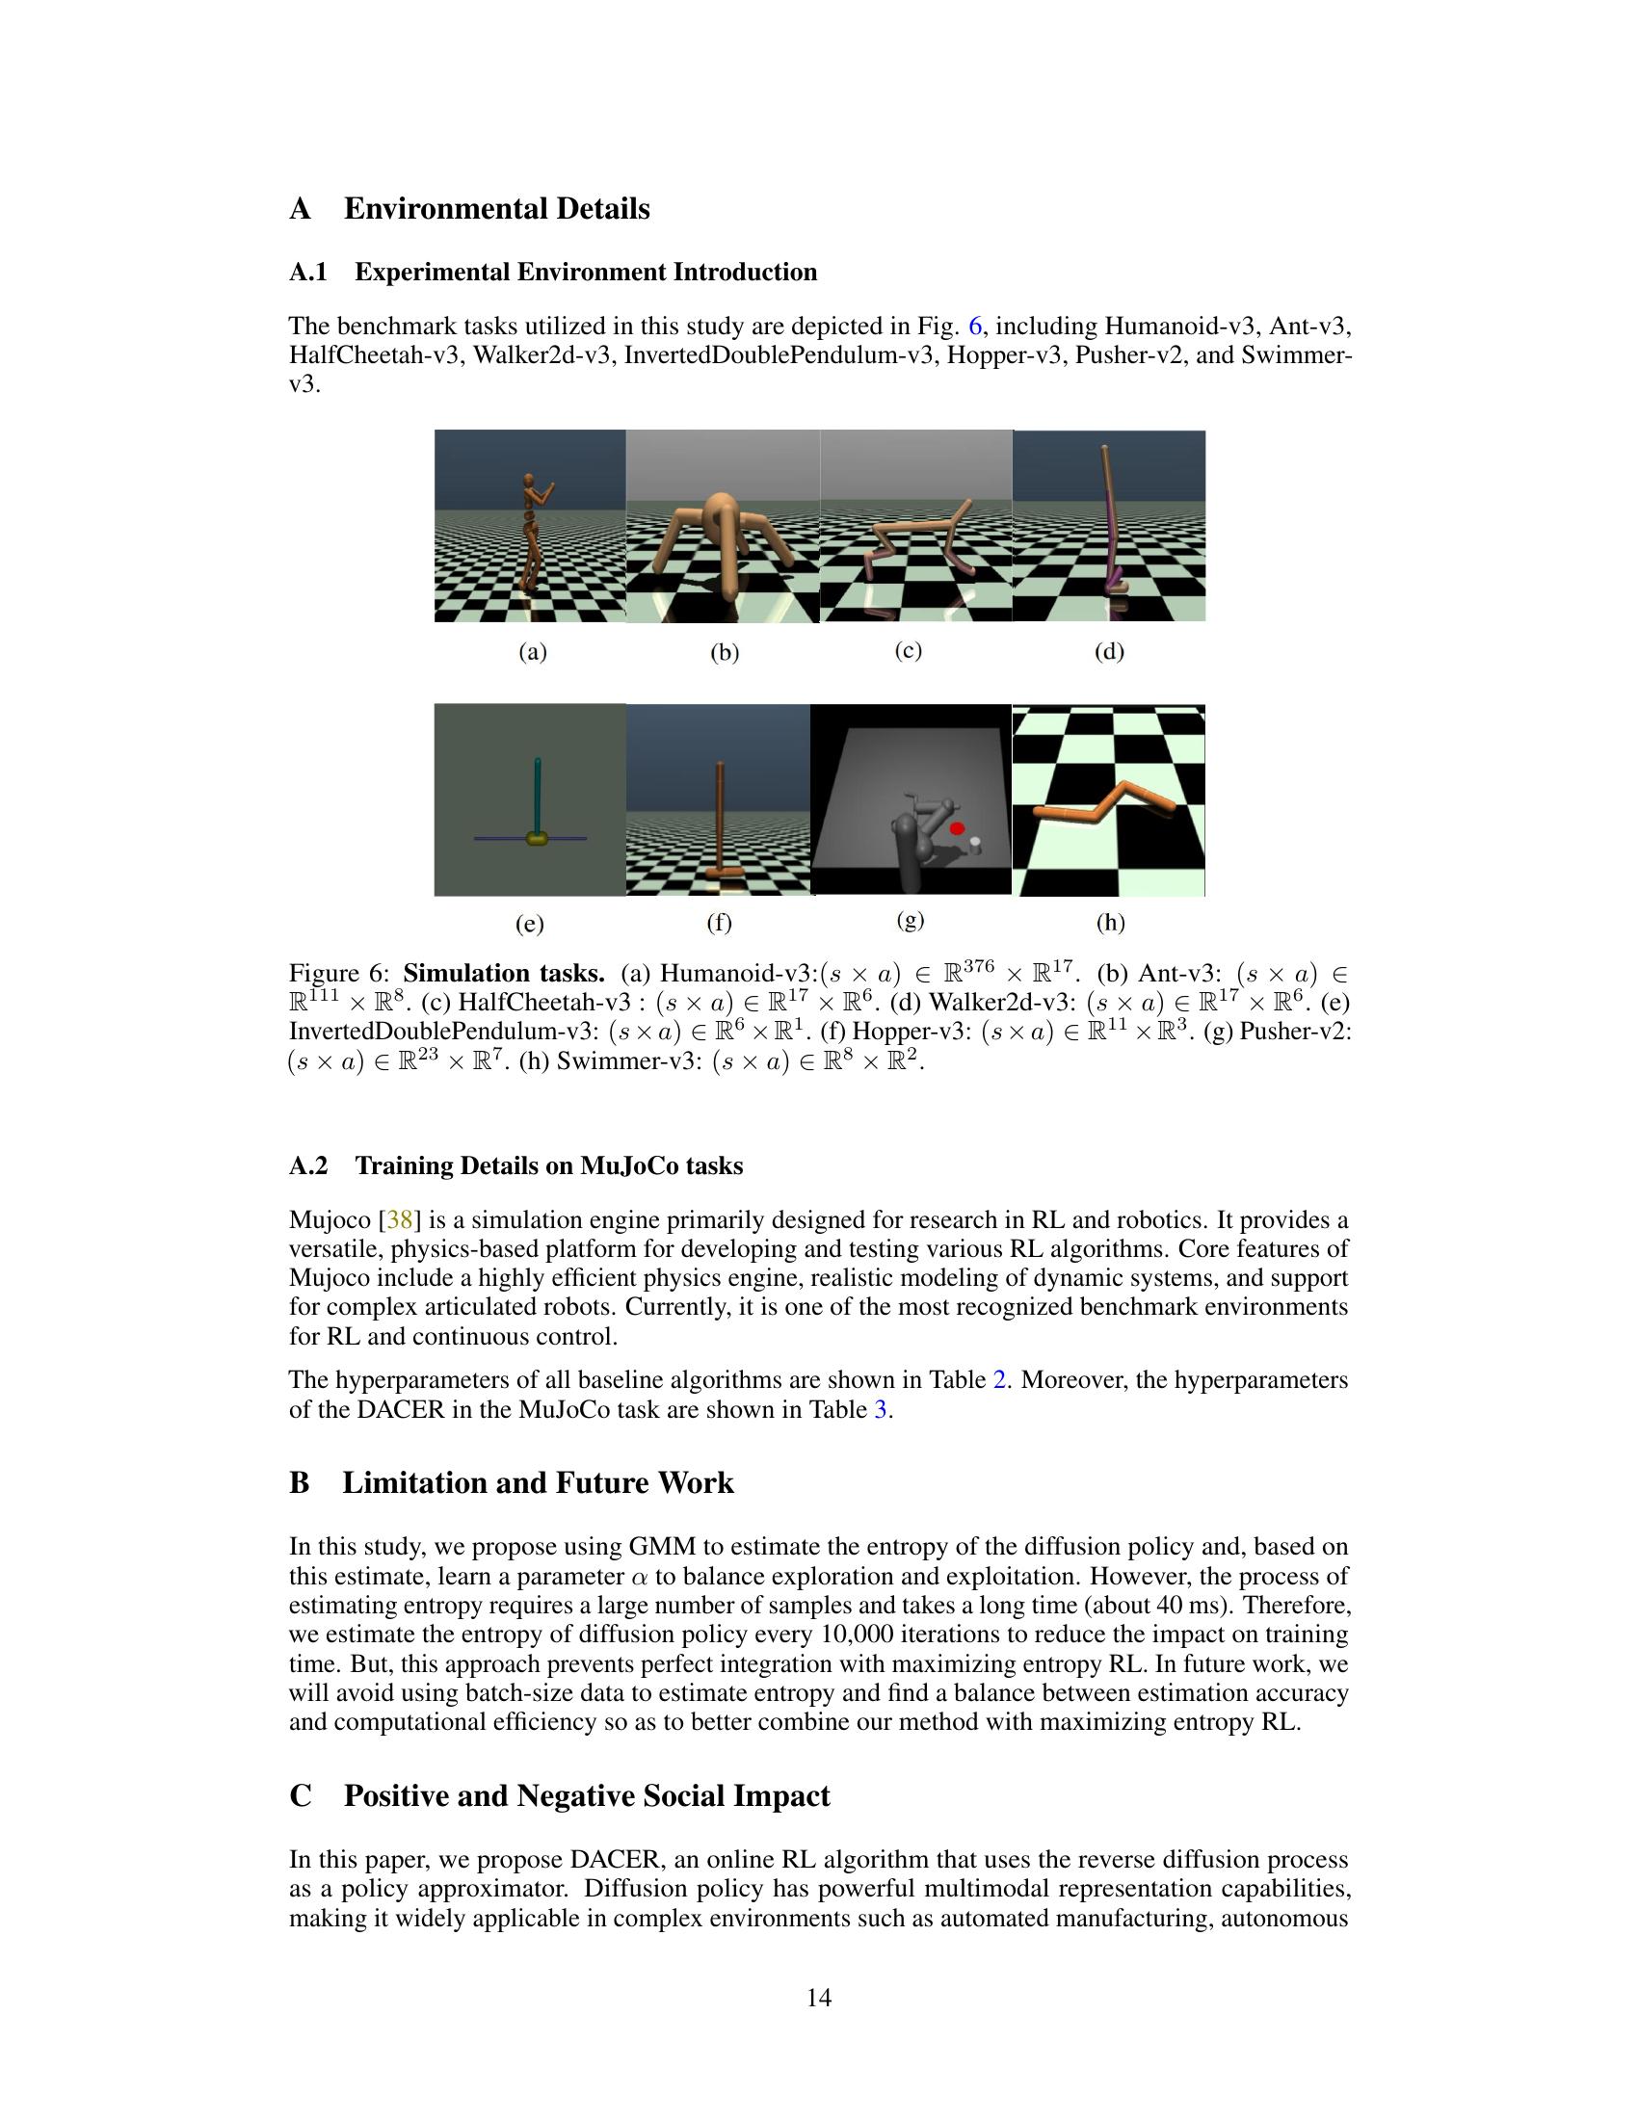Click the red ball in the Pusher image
(x=957, y=828)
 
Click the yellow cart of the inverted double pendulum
(x=536, y=838)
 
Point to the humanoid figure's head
(x=529, y=480)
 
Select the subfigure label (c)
(x=908, y=650)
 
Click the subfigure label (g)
(x=910, y=920)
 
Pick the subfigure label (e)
(x=529, y=924)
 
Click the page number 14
(x=818, y=1998)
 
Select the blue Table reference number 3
(x=880, y=1410)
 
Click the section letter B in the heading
(x=300, y=1483)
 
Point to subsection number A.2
(x=308, y=1166)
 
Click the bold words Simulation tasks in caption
(x=504, y=973)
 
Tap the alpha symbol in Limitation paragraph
(x=639, y=1577)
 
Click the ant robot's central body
(x=720, y=514)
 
